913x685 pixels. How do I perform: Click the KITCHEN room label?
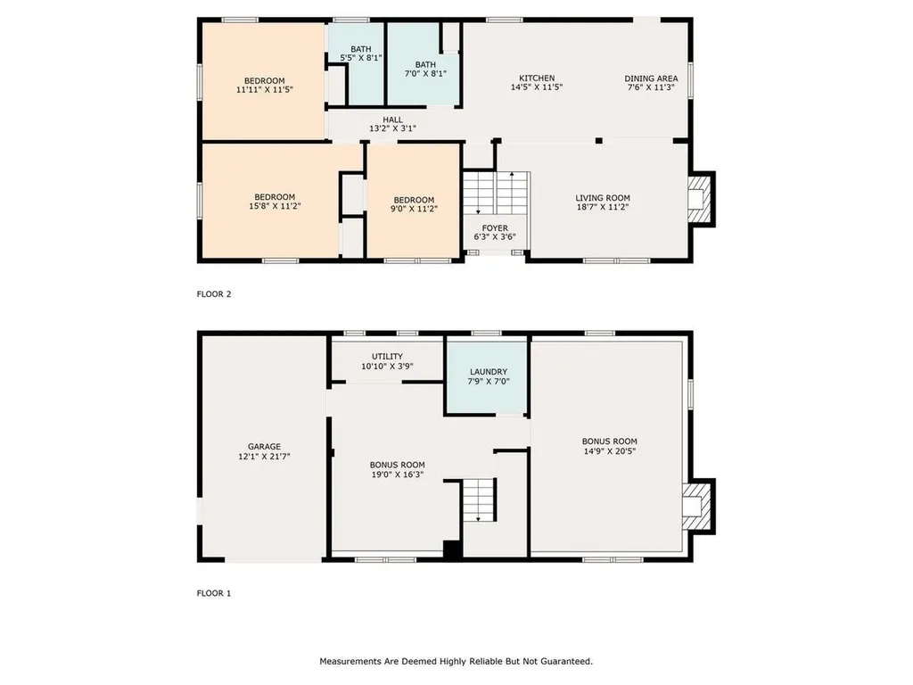537,83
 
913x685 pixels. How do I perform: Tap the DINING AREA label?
649,83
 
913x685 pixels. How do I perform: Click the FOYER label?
495,232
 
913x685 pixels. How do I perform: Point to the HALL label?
392,124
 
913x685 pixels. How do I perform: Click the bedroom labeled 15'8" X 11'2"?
275,202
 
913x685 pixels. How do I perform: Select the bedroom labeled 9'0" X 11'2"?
414,204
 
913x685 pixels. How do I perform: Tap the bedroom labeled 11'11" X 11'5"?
265,86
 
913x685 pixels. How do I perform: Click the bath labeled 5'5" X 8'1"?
361,54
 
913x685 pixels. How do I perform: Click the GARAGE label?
264,451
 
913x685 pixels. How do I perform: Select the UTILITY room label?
387,361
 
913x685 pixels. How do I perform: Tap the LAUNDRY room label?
488,377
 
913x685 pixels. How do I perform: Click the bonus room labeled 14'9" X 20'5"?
609,446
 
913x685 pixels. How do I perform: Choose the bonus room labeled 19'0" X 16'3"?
397,470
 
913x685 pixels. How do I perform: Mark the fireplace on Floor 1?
696,507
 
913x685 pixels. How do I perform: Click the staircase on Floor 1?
479,500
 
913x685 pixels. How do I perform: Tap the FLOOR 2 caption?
214,293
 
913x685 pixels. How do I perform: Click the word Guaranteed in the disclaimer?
566,661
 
